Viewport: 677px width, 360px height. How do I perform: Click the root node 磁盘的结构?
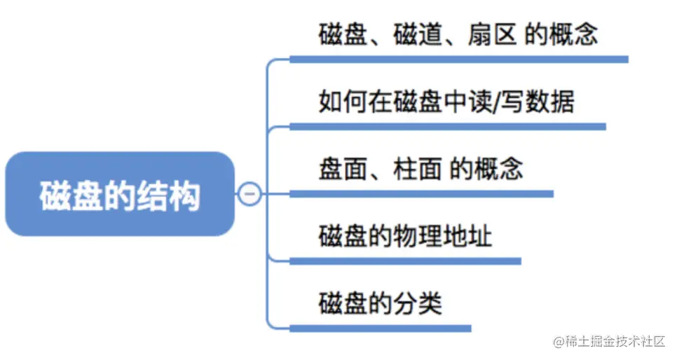[120, 194]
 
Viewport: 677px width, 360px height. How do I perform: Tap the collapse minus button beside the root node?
[249, 193]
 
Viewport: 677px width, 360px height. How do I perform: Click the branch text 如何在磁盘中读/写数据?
[446, 102]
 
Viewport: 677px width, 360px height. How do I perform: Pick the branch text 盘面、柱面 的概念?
[420, 169]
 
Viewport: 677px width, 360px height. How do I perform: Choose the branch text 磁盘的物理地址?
[405, 236]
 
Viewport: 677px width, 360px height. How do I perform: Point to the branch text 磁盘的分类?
[381, 303]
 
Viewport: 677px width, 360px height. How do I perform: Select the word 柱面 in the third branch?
[418, 169]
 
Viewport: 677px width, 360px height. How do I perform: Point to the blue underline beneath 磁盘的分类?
[381, 328]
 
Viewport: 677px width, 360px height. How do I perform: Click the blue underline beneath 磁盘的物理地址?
[405, 261]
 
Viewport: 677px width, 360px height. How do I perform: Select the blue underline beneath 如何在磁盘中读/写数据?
[447, 127]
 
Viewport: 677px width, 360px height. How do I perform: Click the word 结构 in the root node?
[174, 194]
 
